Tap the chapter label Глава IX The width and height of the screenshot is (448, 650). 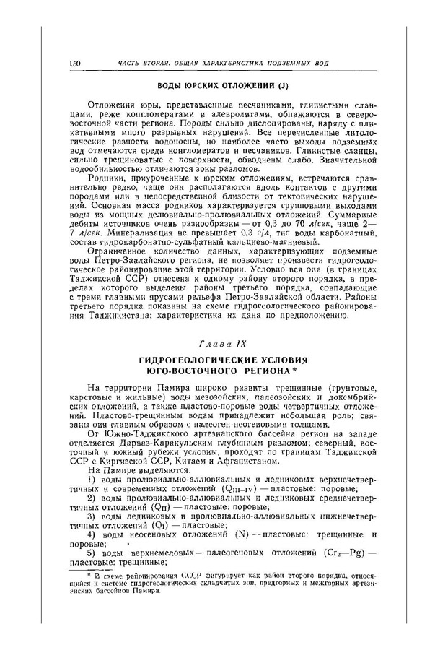click(x=223, y=339)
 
